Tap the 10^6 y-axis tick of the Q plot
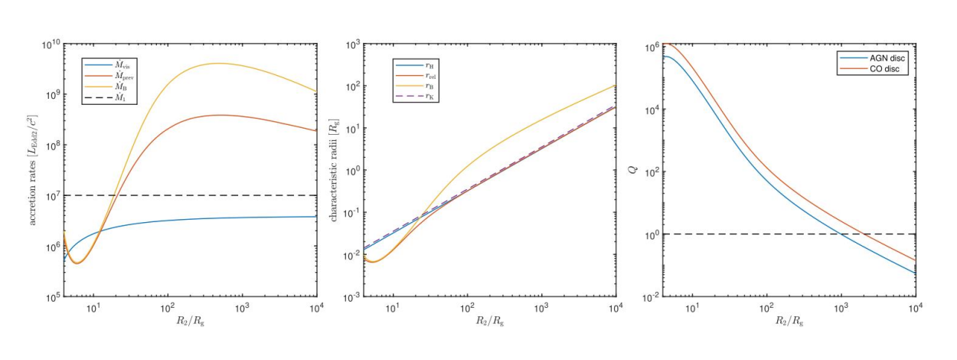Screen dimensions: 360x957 (653, 47)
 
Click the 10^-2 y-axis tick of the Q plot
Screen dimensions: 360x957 (652, 296)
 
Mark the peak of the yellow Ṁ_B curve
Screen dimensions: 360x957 (218, 63)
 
